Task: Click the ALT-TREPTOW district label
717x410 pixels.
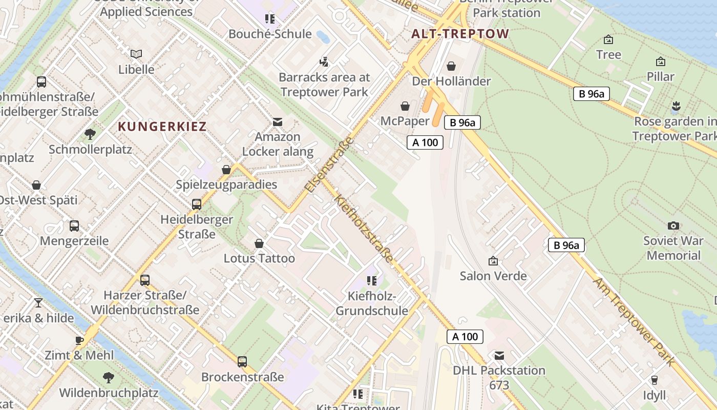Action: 460,34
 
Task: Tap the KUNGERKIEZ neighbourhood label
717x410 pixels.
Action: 162,127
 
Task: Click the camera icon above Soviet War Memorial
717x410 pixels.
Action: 673,225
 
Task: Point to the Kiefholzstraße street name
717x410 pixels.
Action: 364,229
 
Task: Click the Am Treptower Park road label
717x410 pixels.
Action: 635,321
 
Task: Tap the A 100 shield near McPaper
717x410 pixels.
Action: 425,142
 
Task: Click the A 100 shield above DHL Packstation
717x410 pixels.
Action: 465,337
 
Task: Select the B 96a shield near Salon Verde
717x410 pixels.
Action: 566,245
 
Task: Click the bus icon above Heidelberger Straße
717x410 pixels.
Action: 197,204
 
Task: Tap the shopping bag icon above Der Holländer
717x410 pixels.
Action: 451,66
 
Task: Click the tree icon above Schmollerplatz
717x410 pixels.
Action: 90,134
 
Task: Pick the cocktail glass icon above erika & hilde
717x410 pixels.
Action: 38,303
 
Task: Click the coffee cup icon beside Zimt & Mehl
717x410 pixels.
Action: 79,340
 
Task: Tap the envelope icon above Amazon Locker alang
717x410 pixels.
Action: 278,122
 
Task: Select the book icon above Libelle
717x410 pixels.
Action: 136,54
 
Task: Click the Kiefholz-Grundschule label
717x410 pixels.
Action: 372,303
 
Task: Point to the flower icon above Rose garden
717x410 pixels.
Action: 676,106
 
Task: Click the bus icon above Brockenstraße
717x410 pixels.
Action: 242,362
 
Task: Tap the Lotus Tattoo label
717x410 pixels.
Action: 259,258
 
